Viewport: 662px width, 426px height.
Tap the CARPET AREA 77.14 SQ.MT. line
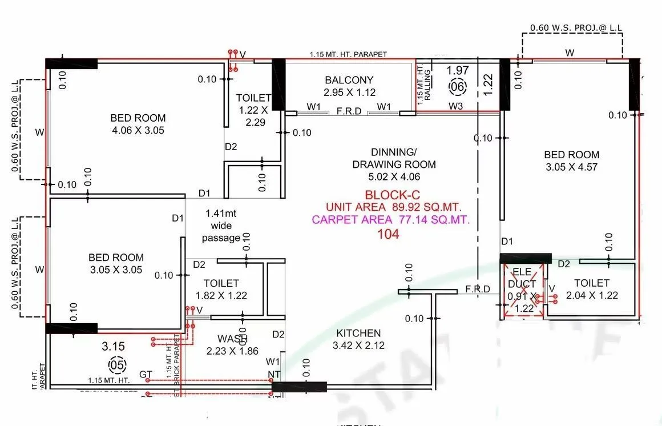[x=391, y=219]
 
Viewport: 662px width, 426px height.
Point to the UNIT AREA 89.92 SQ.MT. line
[x=394, y=206]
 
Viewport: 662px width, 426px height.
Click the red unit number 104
[x=388, y=234]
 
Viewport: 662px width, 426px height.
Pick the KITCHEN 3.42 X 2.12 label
[x=358, y=339]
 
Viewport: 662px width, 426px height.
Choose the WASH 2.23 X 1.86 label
[x=232, y=345]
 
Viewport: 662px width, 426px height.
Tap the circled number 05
[x=116, y=364]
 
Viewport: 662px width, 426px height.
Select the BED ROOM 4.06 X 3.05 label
[x=138, y=124]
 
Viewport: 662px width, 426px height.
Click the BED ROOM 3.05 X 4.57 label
[x=571, y=160]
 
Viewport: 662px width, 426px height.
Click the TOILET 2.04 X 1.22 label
[x=592, y=289]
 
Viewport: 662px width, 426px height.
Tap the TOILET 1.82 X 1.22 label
[x=221, y=289]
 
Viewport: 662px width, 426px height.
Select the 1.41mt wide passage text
[x=221, y=226]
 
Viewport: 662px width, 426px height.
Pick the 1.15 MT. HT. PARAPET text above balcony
[x=348, y=54]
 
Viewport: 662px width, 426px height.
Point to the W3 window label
[x=455, y=106]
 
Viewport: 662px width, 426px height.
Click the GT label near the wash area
[x=146, y=375]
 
